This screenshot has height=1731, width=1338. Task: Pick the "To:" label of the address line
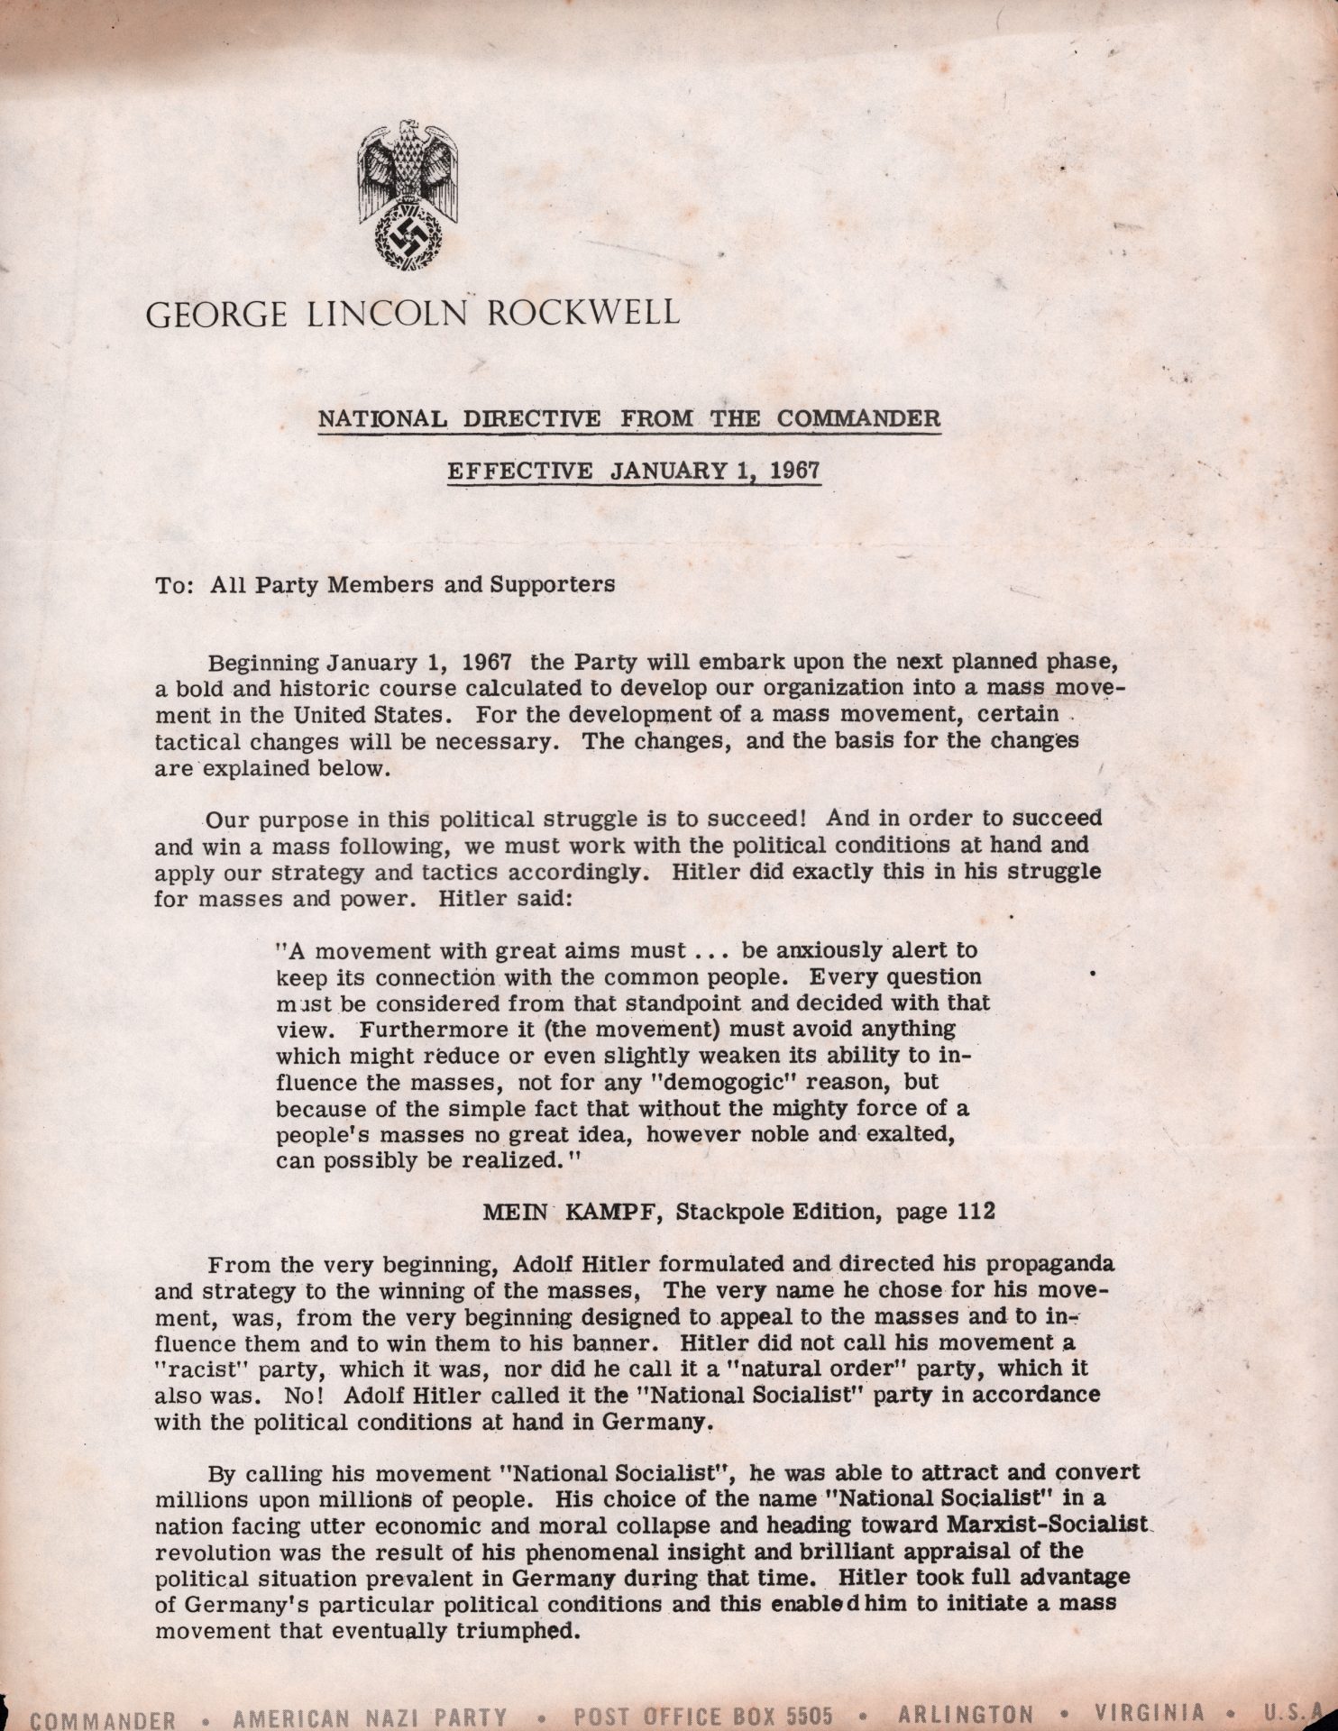pos(176,583)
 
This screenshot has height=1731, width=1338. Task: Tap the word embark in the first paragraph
pos(749,664)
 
